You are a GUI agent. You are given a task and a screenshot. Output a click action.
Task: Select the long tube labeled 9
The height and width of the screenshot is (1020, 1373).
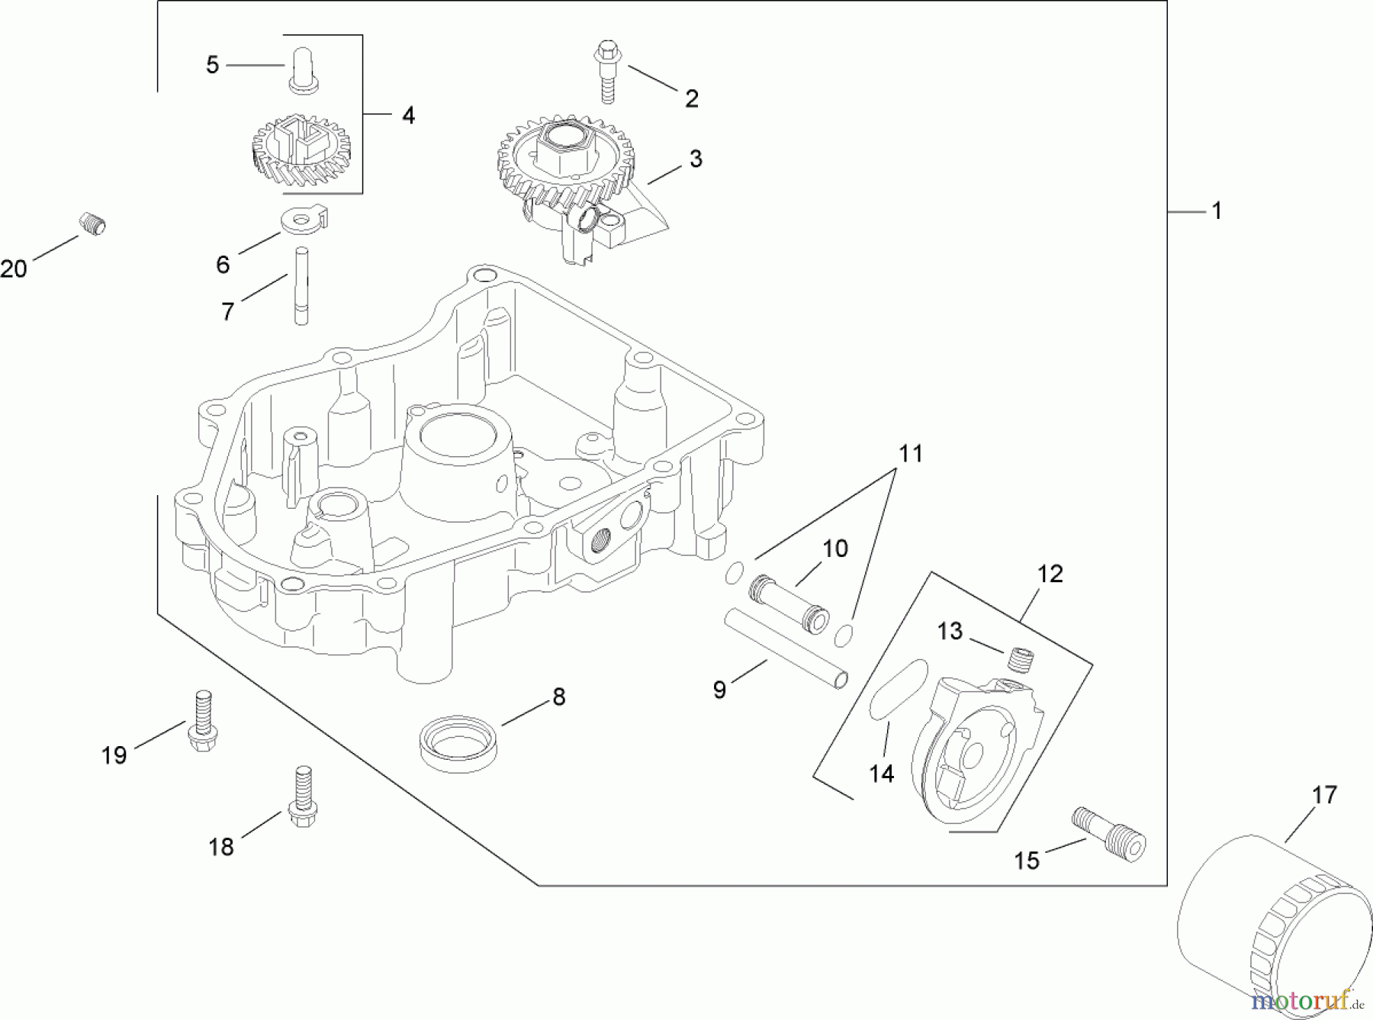(x=786, y=647)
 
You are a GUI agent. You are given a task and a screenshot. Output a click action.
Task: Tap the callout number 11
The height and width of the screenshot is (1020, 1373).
(x=910, y=454)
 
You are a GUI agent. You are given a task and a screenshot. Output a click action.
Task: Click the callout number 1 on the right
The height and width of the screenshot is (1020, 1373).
(x=1217, y=211)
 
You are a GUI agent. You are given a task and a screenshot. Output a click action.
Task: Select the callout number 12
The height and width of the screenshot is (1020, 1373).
(x=1050, y=574)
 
